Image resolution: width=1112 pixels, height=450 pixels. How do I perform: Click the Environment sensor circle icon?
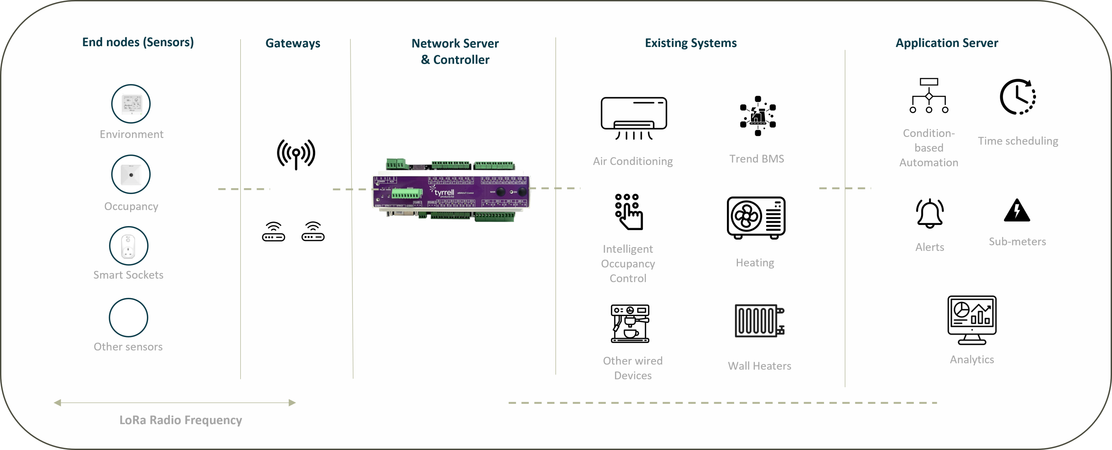click(x=131, y=104)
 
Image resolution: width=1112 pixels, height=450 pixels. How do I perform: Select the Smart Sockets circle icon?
click(x=129, y=246)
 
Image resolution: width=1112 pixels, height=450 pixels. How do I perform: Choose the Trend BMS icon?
click(x=758, y=116)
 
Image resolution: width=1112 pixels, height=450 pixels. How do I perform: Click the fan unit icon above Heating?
click(x=756, y=217)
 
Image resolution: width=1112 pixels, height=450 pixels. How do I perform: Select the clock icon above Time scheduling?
click(x=1018, y=97)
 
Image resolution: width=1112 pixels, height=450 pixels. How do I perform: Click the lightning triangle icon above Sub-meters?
click(x=1017, y=211)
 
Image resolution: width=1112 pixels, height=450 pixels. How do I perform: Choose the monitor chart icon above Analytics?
click(x=972, y=320)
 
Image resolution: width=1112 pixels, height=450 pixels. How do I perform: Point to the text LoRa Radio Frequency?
click(x=181, y=420)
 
